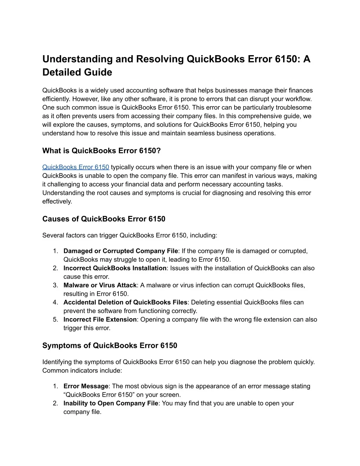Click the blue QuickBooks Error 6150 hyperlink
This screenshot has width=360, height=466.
(x=76, y=167)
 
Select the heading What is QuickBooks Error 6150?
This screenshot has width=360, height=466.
(x=101, y=151)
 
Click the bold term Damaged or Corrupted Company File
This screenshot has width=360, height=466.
(x=121, y=251)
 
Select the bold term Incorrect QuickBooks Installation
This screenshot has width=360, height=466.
(x=115, y=268)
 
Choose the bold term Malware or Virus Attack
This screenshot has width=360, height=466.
(x=100, y=285)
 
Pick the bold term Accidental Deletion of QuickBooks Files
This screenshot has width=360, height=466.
(x=126, y=302)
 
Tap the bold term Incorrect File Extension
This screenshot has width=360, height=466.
(x=100, y=319)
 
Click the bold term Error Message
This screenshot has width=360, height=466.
(x=86, y=386)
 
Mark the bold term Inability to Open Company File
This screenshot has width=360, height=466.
(x=111, y=403)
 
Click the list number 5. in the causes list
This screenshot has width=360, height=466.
(x=56, y=319)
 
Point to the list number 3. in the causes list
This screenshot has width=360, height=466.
(x=56, y=285)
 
